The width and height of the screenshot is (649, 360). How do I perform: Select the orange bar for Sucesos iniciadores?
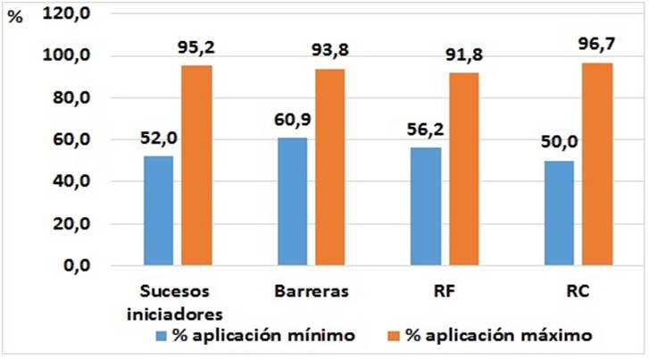(x=196, y=165)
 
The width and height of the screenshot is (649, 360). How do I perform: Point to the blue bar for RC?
(x=560, y=213)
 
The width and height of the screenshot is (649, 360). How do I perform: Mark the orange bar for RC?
(x=596, y=164)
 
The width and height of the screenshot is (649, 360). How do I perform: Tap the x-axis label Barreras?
(x=306, y=292)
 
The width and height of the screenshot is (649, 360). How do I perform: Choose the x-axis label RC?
(x=577, y=292)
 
